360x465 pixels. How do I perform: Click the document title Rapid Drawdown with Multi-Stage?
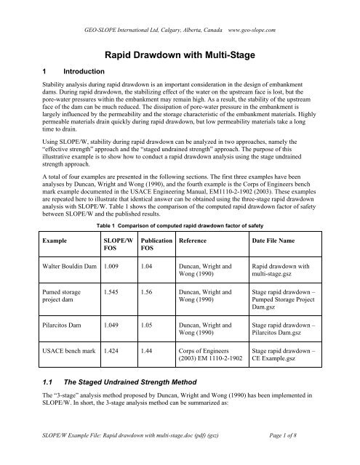point(179,54)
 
